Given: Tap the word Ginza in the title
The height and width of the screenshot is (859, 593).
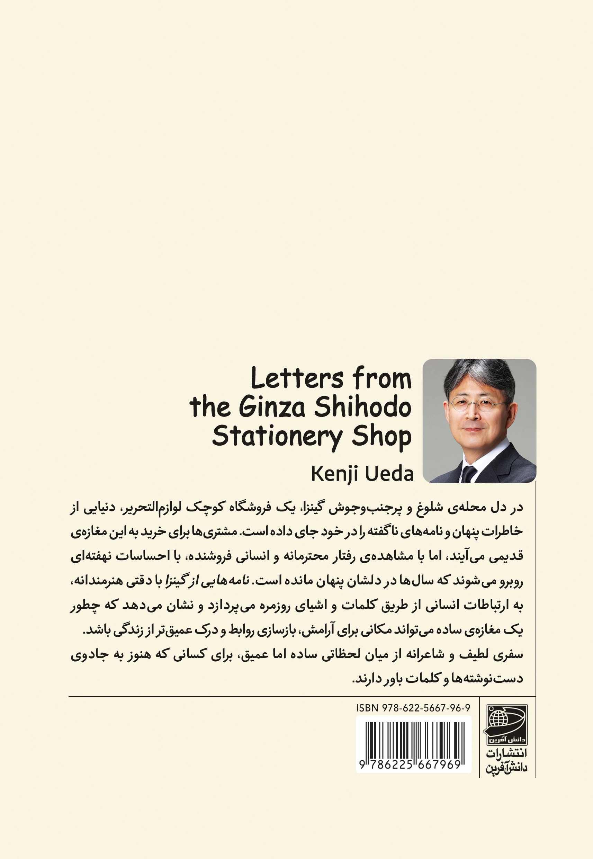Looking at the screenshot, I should click(272, 408).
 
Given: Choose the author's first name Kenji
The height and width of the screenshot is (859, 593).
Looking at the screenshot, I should click(331, 474).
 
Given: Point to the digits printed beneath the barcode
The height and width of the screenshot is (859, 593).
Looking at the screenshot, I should click(410, 764).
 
